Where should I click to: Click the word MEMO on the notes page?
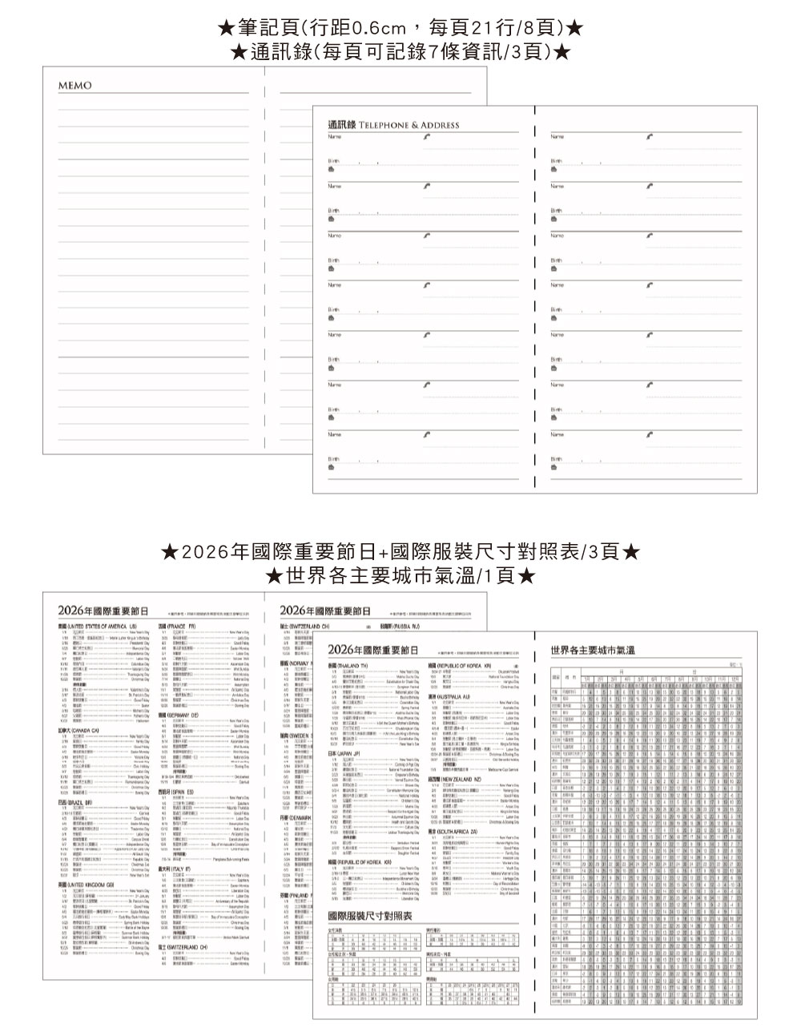coord(74,86)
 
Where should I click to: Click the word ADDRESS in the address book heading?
coord(441,126)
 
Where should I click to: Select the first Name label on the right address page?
coord(557,137)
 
